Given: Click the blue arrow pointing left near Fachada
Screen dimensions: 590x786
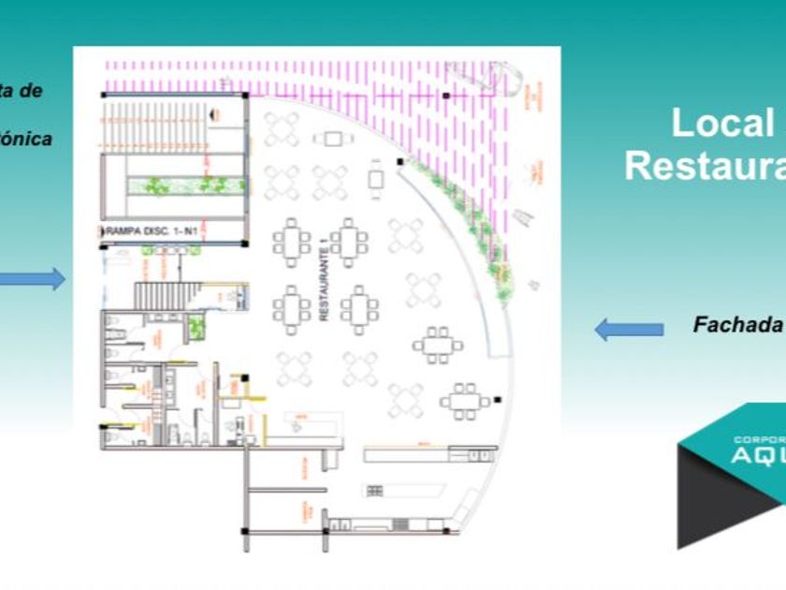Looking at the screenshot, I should point(629,329).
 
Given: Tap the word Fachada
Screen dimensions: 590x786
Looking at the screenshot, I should point(737,325).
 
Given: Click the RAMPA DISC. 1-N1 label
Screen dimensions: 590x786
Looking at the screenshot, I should point(148,230).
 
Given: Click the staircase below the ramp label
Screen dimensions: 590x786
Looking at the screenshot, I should point(164,295).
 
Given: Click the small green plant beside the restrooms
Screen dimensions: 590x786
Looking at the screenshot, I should point(196,327).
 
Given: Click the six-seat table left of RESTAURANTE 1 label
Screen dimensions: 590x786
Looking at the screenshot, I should point(292,243).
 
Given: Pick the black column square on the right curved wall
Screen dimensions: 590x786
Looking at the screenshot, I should point(400,162).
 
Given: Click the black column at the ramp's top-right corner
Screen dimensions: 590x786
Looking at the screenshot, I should point(245,95).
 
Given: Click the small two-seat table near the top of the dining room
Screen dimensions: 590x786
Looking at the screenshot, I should point(333,139).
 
